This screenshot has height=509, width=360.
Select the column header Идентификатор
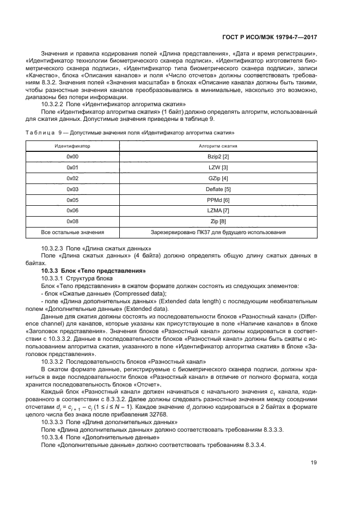tap(72, 146)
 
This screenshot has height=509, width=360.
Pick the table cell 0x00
tap(72, 156)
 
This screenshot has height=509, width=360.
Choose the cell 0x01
tap(72, 167)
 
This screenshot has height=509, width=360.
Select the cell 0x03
tap(72, 189)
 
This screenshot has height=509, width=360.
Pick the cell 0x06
tap(72, 211)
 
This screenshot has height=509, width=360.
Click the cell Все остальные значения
tap(72, 232)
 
